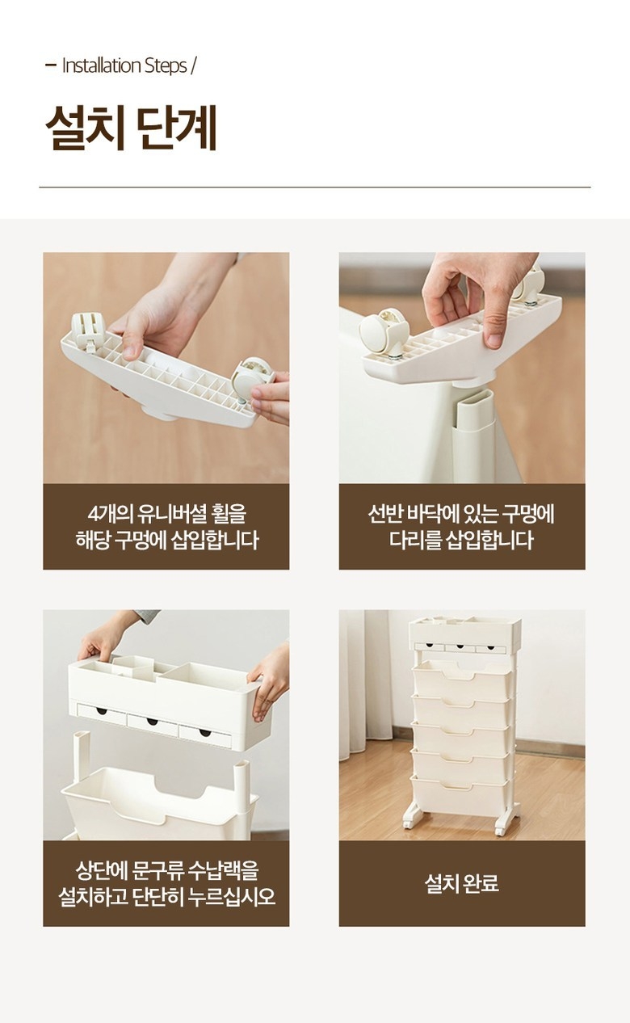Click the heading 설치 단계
(131, 128)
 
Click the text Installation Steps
(124, 65)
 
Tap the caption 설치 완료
(461, 883)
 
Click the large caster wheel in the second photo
(384, 331)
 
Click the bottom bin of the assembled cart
(460, 797)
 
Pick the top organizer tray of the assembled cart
(464, 633)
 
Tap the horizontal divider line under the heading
(315, 187)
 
